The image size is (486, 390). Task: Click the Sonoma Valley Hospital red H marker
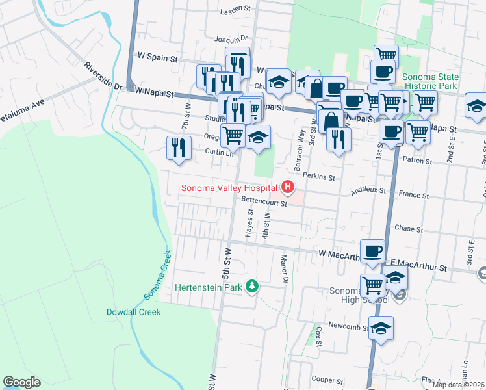pos(288,188)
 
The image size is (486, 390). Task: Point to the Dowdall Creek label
pos(133,312)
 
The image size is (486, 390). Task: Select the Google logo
pos(21,382)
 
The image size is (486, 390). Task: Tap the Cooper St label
pos(327,380)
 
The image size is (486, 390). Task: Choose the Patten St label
pos(417,161)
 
